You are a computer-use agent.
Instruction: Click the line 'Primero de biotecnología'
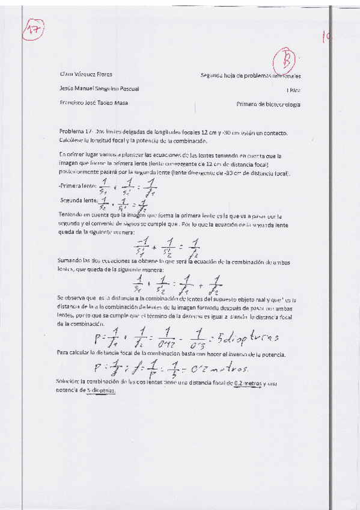[x=269, y=104]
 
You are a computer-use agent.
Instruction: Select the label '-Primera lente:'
[x=78, y=186]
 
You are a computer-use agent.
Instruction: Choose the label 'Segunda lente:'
[x=79, y=200]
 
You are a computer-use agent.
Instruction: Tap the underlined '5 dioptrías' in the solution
[x=100, y=390]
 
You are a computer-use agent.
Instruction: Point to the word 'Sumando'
[x=70, y=259]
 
